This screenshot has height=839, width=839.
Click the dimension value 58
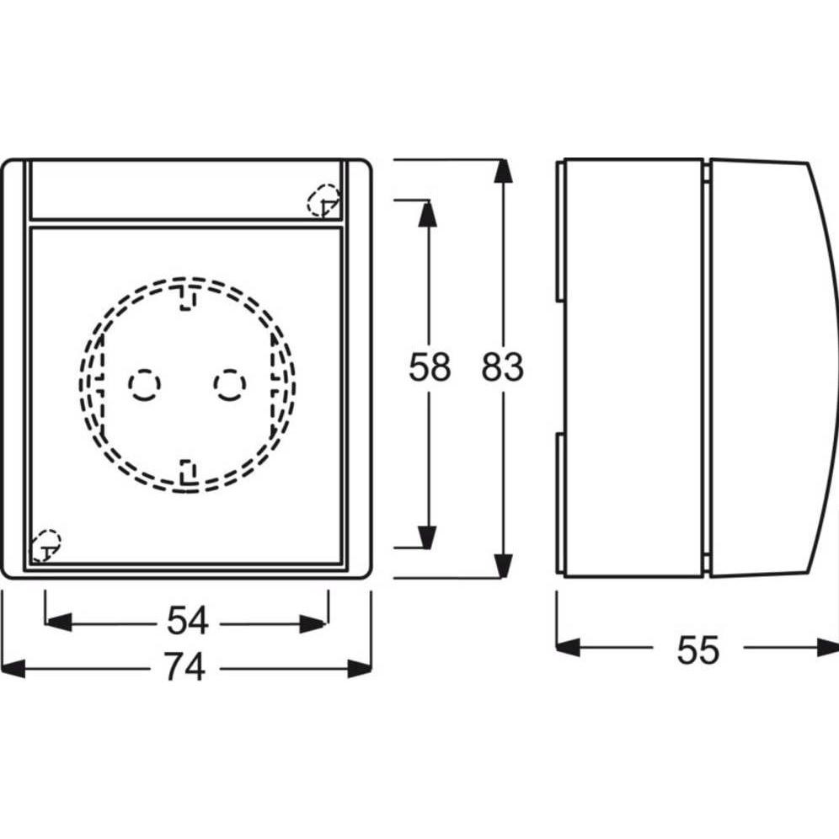[429, 367]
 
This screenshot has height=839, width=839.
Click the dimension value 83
[502, 367]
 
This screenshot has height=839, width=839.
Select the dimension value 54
[187, 621]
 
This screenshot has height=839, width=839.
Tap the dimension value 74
[184, 666]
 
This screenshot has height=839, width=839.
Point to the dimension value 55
[697, 650]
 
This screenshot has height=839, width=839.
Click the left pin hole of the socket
[145, 384]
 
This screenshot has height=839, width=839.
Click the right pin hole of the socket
[230, 384]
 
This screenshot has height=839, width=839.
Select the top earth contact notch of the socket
[187, 297]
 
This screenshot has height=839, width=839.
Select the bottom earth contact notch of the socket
[187, 471]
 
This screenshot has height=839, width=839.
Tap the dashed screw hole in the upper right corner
[323, 200]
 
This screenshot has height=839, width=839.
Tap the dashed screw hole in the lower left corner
[45, 546]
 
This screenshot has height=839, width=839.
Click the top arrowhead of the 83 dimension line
[502, 171]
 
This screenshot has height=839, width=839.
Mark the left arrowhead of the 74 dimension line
[13, 669]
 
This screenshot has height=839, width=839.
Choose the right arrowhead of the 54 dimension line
[313, 624]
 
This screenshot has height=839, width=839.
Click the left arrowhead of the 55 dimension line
[569, 648]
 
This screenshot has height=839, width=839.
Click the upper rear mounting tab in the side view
[559, 230]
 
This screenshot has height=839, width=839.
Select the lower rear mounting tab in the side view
[559, 504]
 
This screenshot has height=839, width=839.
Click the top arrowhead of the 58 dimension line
[427, 213]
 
